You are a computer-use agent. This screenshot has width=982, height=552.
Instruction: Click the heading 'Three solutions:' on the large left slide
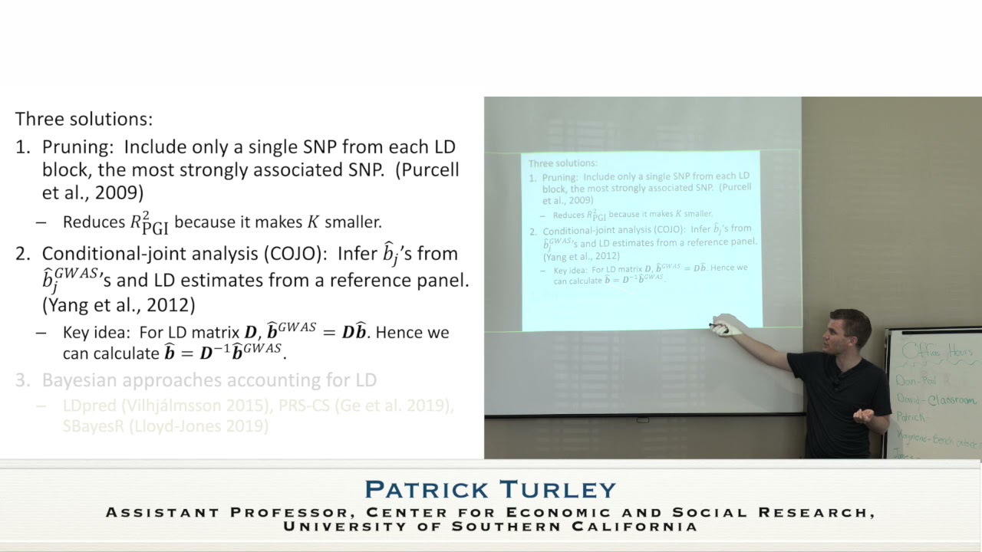pyautogui.click(x=84, y=120)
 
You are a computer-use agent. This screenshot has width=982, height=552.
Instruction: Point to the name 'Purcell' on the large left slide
pyautogui.click(x=427, y=170)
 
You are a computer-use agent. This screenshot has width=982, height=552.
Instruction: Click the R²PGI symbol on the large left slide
pyautogui.click(x=150, y=223)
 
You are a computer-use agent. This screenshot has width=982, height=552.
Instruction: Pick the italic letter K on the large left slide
pyautogui.click(x=313, y=222)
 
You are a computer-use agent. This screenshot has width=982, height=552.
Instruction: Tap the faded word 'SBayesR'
pyautogui.click(x=94, y=426)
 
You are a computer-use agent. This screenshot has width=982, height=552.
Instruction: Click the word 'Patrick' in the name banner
pyautogui.click(x=427, y=489)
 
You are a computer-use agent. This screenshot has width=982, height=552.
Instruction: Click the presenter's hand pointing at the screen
pyautogui.click(x=725, y=325)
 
